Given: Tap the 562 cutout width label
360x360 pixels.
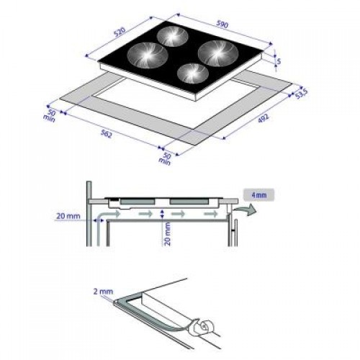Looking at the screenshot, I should (x=106, y=135).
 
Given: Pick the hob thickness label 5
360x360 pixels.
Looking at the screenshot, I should (x=281, y=61).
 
